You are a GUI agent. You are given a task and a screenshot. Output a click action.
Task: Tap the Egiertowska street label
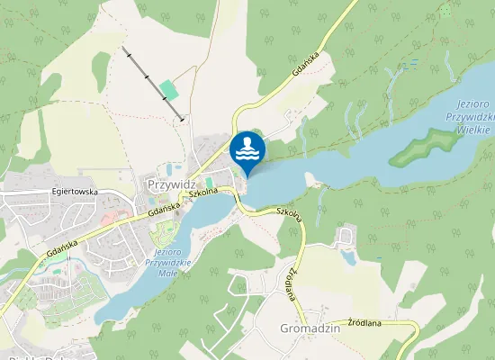74,193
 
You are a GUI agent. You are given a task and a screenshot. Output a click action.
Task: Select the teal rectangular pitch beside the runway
168,91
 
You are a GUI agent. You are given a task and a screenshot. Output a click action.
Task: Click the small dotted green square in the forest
445,11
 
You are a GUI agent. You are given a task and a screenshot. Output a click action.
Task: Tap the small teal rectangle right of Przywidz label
210,183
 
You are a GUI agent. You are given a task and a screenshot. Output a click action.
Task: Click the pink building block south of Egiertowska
107,219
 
